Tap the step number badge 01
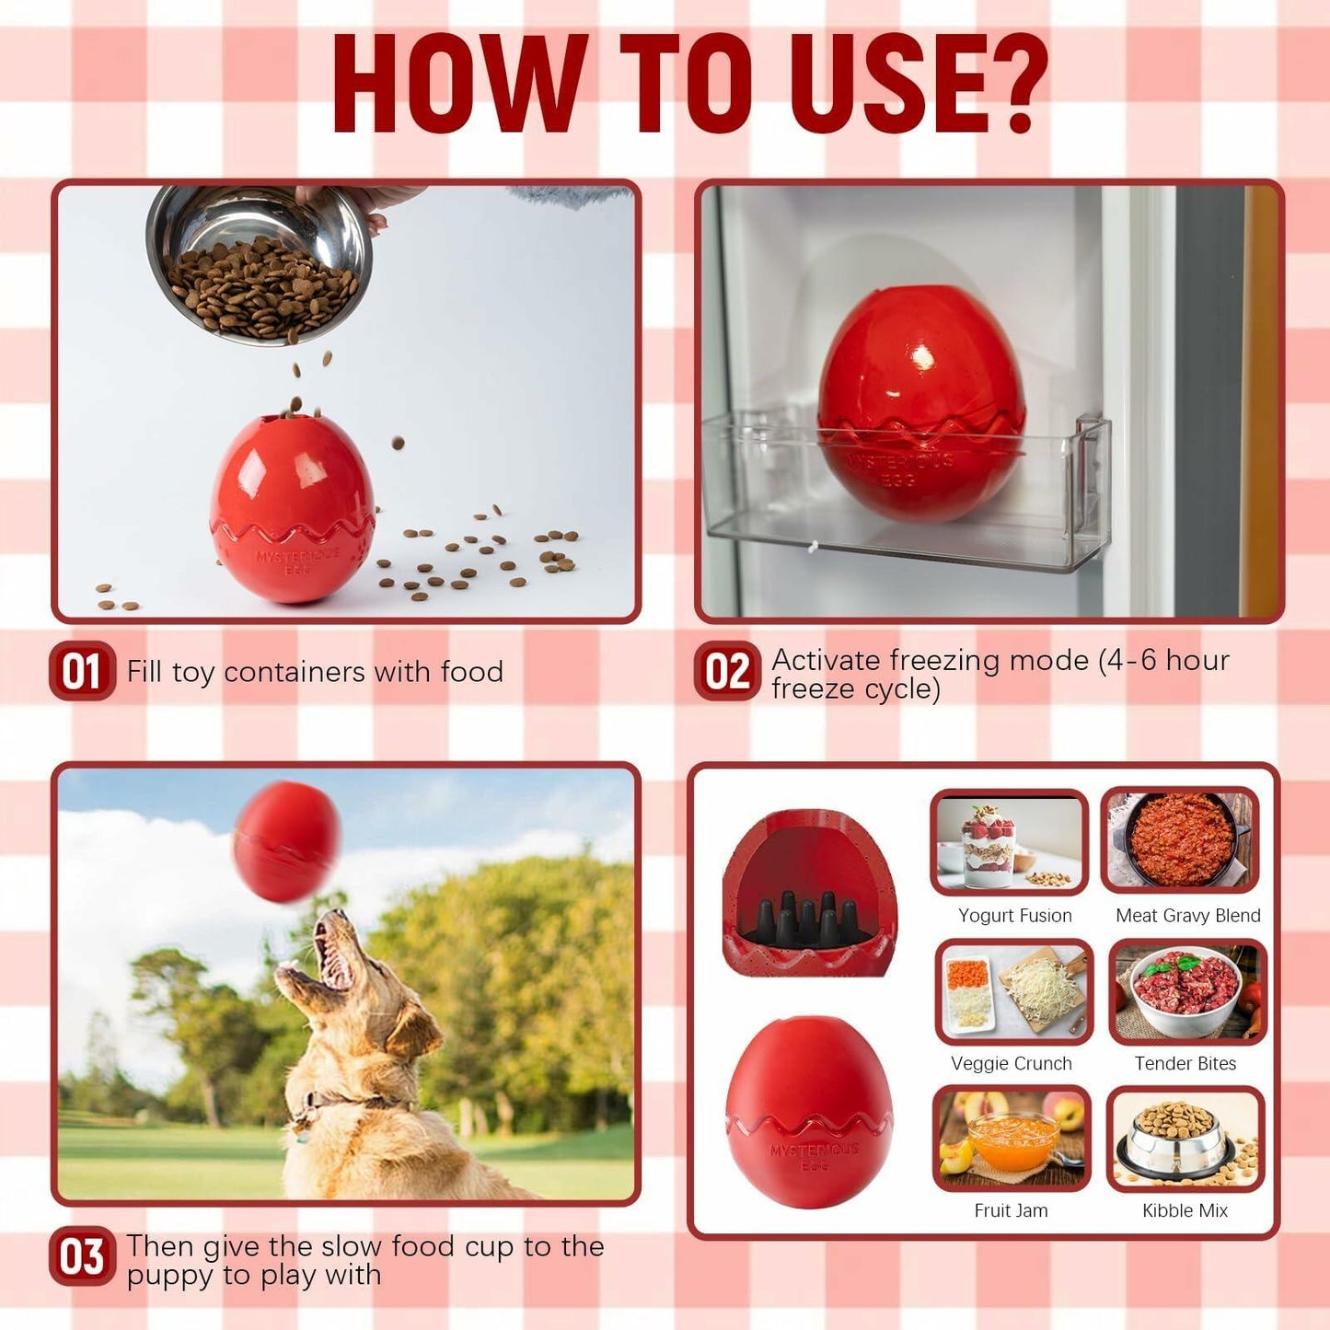tap(82, 671)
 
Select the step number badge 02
tap(727, 671)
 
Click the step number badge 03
tap(82, 1256)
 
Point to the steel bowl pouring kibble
tap(260, 262)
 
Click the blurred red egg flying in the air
tap(286, 841)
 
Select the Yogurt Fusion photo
tap(1009, 842)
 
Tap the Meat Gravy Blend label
tap(1187, 915)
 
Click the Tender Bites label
tap(1185, 1063)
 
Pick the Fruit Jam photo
tap(1011, 1139)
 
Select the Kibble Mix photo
tap(1185, 1139)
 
